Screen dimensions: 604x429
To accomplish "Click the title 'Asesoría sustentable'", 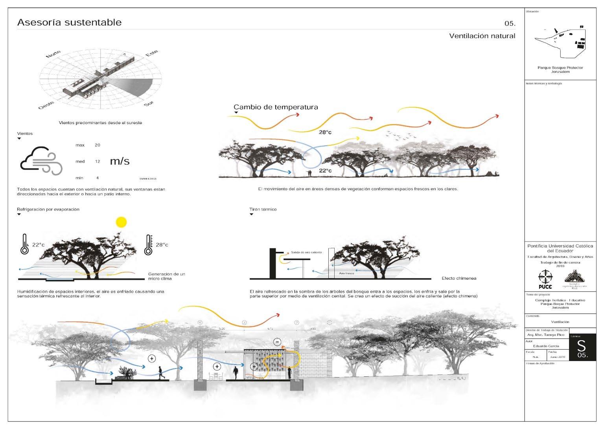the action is point(69,22).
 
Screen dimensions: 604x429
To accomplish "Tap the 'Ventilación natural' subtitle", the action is point(482,36).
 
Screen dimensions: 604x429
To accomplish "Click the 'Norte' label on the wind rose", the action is point(53,54).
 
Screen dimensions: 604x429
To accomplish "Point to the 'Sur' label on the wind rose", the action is point(148,104).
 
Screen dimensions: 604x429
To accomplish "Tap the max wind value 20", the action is point(97,145).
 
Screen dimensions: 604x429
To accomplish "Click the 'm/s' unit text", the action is point(120,161).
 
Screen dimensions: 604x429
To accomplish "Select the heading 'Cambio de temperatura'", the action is point(276,107).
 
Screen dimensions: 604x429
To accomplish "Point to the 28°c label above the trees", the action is point(325,132).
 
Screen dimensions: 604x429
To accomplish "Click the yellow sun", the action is point(122,222).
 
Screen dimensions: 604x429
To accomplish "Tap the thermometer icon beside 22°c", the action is point(24,244).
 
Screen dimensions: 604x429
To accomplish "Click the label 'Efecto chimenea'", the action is point(459,278).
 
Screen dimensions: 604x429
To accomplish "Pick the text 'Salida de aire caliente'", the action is point(306,252).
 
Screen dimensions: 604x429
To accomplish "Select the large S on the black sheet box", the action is point(581,346).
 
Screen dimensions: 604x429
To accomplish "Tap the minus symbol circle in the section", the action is point(277,342).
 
